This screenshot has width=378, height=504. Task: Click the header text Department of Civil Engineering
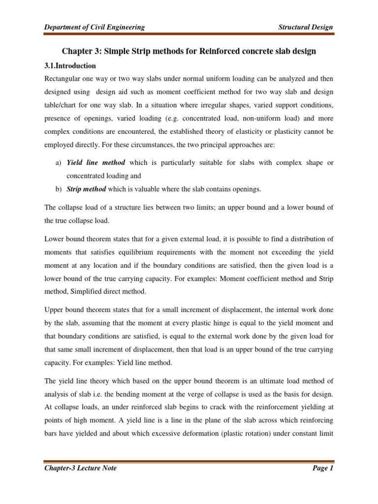coord(94,27)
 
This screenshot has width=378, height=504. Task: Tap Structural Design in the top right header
coord(305,27)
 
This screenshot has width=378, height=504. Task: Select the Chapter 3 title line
coord(189,51)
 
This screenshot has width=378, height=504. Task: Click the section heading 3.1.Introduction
coord(70,65)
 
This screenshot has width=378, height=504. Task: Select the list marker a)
coord(58,162)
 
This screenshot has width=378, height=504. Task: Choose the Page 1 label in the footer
coord(323,468)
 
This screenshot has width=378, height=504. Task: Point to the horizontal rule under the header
coord(189,34)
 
